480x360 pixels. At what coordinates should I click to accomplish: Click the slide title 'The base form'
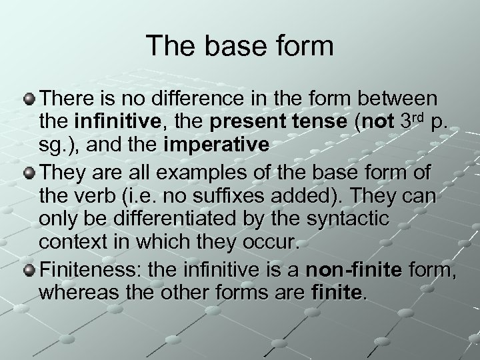(x=240, y=45)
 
